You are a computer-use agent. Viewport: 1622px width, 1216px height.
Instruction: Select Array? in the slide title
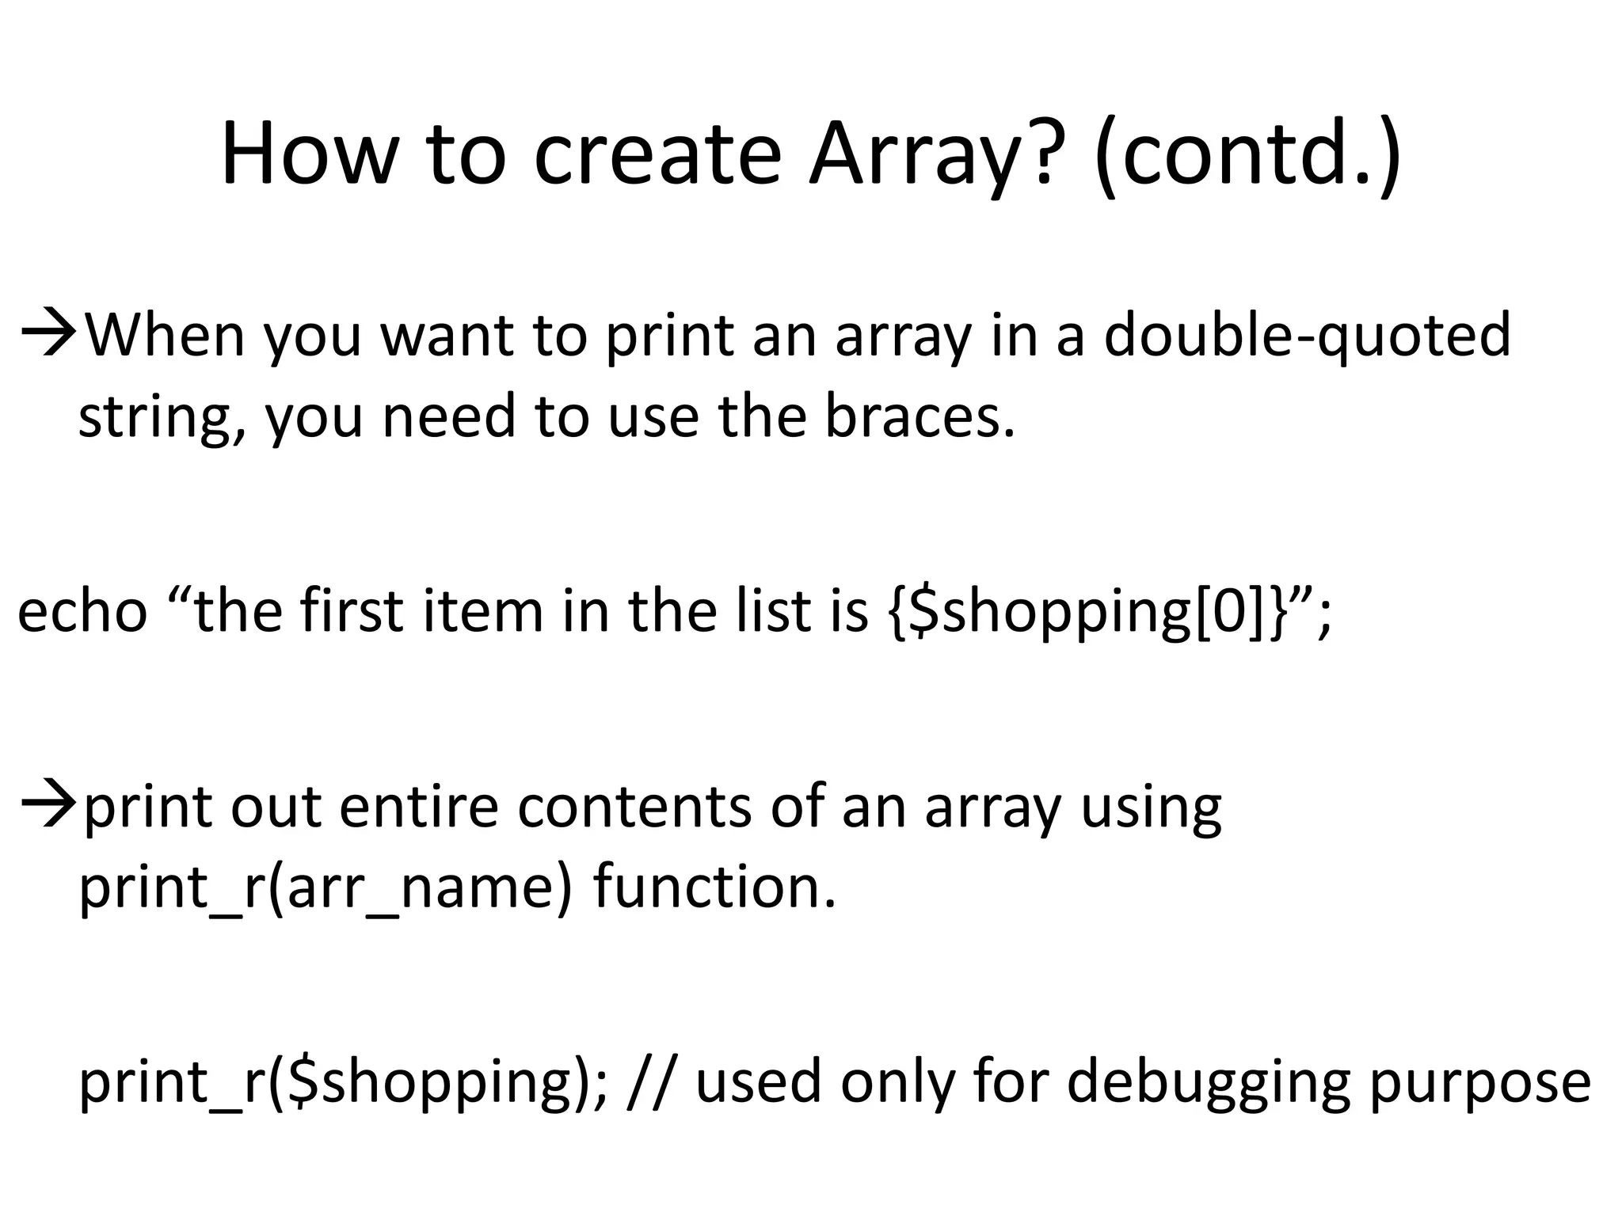[931, 154]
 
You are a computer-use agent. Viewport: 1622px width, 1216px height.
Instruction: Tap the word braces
[919, 416]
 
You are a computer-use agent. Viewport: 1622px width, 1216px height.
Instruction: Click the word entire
[419, 808]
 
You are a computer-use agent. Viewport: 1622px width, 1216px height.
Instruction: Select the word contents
[634, 808]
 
